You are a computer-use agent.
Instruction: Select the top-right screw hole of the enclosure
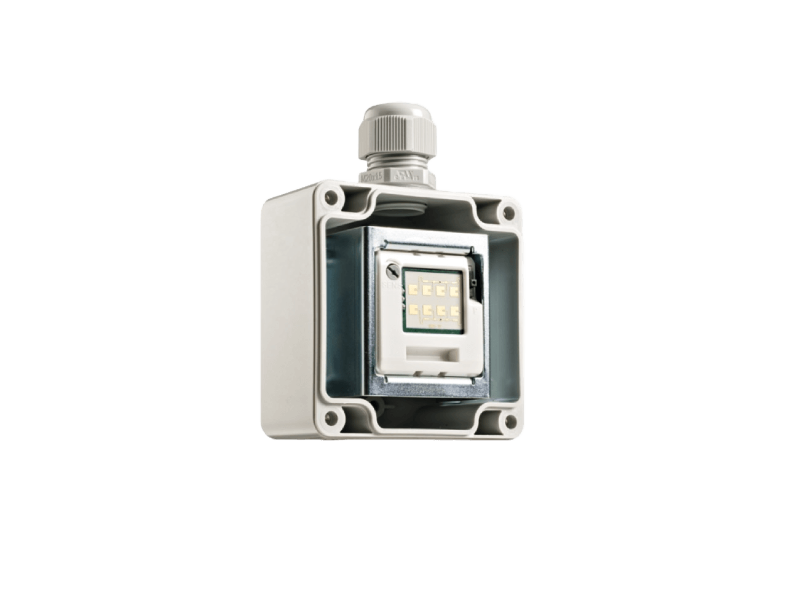click(507, 213)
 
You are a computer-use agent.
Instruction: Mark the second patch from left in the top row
click(428, 288)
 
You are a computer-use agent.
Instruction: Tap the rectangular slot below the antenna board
click(431, 355)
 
